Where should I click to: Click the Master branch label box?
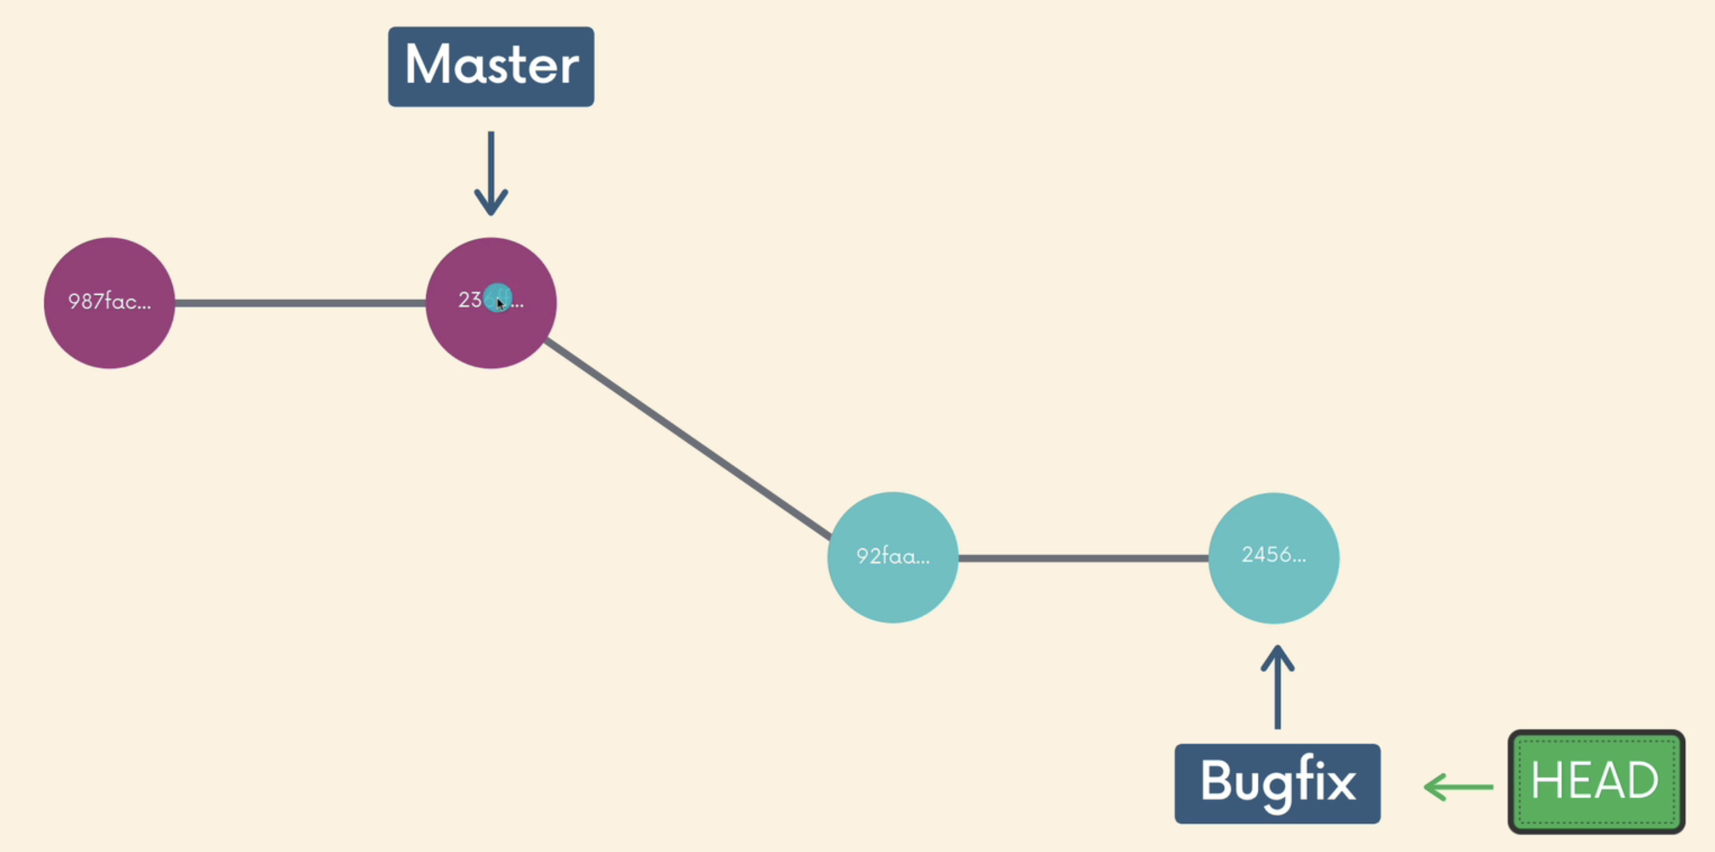491,67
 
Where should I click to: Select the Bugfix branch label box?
1277,783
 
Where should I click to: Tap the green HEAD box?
1596,781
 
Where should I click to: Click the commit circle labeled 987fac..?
109,303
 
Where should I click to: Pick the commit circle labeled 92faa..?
892,557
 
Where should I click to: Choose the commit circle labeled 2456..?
1273,558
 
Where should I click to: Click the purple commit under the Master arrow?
491,333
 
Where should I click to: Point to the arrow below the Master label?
491,173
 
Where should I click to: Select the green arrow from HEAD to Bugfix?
1458,787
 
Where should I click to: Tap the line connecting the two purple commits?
300,303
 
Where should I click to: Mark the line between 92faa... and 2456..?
1083,558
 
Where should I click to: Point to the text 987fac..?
109,302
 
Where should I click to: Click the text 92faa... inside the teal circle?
892,556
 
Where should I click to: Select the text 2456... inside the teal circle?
1273,555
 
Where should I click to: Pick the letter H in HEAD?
1546,780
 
